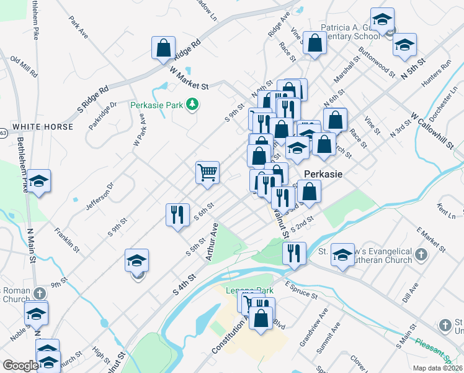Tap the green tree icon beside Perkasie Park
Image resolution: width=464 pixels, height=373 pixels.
pos(192,104)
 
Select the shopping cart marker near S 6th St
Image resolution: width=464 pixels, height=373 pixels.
pos(207,172)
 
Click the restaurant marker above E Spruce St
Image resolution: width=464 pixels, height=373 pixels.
pos(293,252)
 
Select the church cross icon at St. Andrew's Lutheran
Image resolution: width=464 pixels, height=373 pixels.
pos(421,254)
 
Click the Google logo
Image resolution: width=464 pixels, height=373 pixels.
pos(20,366)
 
